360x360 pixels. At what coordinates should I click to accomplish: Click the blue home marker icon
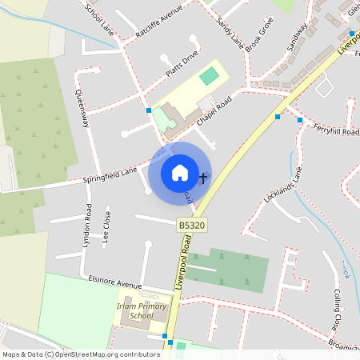[180, 172]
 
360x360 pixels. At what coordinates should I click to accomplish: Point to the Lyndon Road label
[87, 227]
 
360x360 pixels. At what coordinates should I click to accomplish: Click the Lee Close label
[106, 226]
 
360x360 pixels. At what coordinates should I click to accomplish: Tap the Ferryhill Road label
[336, 129]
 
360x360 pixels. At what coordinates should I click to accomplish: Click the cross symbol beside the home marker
[203, 177]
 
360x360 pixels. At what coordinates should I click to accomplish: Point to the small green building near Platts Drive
[209, 76]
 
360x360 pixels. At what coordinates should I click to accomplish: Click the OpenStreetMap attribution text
[81, 354]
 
